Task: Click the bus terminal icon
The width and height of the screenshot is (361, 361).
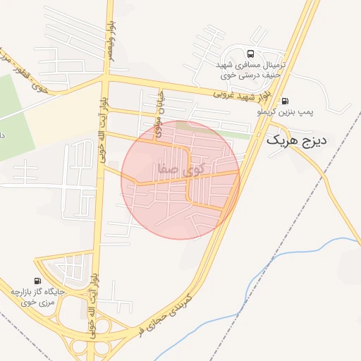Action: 250,54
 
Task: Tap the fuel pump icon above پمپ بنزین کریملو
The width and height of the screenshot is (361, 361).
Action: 285,101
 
